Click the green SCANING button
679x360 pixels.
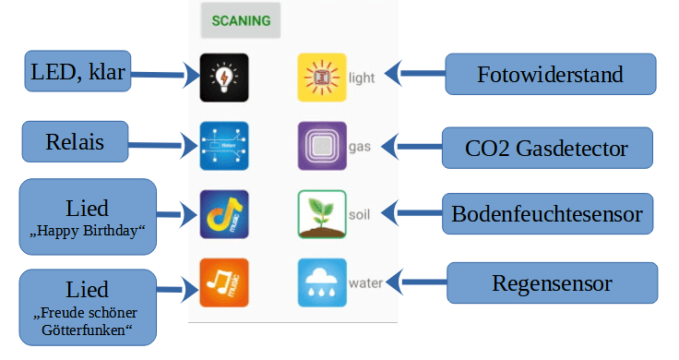click(x=241, y=20)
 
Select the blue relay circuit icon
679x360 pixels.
click(x=223, y=146)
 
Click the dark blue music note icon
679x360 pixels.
click(x=223, y=214)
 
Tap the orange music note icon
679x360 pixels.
click(x=223, y=282)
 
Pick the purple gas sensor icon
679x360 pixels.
click(x=321, y=146)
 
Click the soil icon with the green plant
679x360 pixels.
click(x=321, y=214)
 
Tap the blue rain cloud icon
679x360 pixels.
click(x=321, y=282)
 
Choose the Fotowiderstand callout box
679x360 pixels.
click(x=551, y=74)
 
